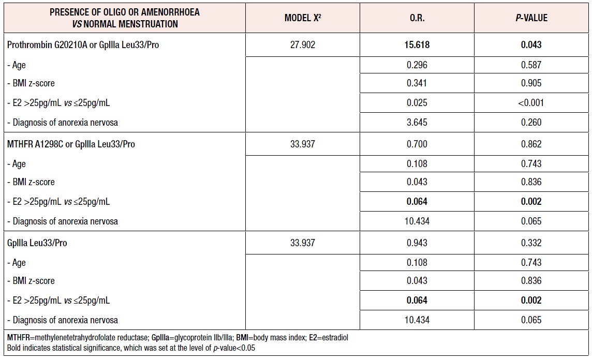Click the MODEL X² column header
303,18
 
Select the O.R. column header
417,18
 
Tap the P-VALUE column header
531,18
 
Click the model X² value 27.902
303,45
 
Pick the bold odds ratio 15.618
417,45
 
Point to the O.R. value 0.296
417,65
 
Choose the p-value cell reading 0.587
531,65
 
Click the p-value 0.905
531,83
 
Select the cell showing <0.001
531,103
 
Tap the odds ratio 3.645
417,123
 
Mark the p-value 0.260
531,123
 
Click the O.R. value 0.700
417,144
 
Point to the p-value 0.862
531,144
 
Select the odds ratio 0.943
417,243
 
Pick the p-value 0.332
531,243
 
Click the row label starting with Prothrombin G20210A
83,45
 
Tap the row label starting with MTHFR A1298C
71,144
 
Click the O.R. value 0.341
417,83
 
